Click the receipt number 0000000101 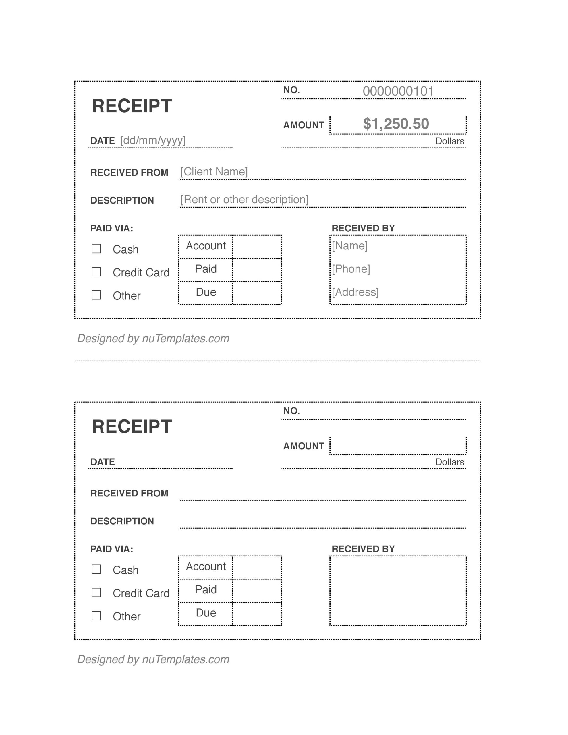[x=398, y=91]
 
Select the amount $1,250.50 [x=396, y=124]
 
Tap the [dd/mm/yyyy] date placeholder [x=153, y=140]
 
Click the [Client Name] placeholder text [x=214, y=172]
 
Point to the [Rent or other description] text [x=244, y=200]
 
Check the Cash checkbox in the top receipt [x=96, y=249]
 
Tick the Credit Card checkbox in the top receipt [x=96, y=272]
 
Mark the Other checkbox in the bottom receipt [x=96, y=616]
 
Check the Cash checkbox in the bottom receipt [x=96, y=569]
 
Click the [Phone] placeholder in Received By [x=351, y=269]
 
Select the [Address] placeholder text [x=355, y=292]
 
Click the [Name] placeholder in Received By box [x=349, y=246]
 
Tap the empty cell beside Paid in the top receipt [x=257, y=270]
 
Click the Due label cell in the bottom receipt [x=206, y=613]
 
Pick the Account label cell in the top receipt [x=206, y=246]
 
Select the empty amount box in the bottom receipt [x=398, y=446]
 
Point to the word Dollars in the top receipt [x=449, y=141]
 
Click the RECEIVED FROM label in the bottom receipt [x=129, y=493]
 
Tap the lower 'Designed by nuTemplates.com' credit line [x=153, y=659]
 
